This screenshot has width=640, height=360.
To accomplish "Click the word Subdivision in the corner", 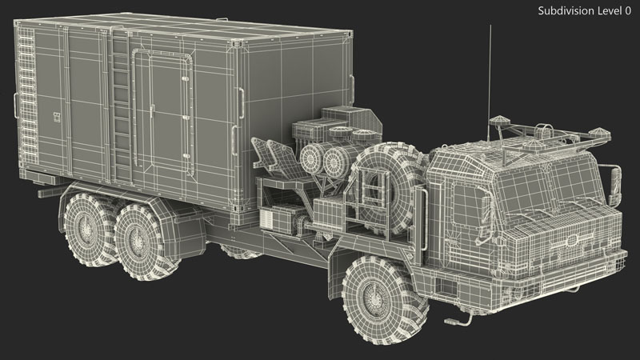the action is pos(566,10).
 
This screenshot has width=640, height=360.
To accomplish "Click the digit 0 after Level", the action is pos(627,10).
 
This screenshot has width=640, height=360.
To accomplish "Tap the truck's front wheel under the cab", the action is pos(385,299).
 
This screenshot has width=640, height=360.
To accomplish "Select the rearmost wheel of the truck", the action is pos(88,230).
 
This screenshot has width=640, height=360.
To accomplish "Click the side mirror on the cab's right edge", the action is pos(614,185).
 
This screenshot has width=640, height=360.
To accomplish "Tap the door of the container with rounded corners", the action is pos(162,112).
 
